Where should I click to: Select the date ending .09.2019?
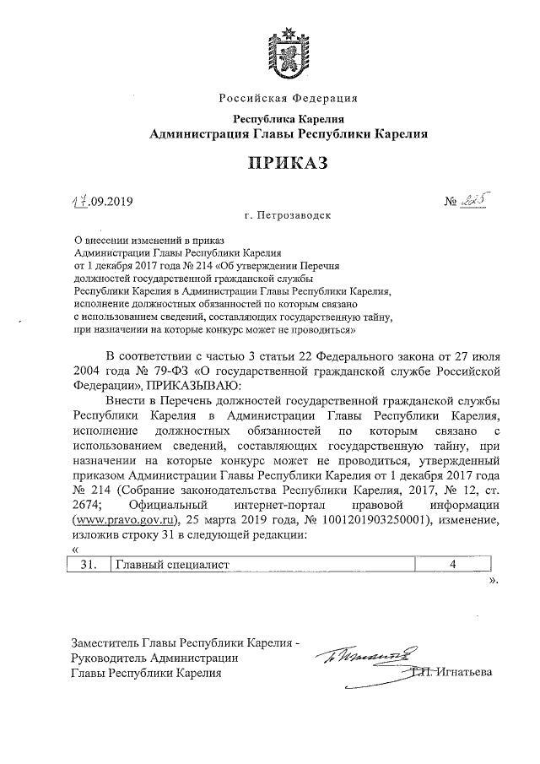click(x=102, y=201)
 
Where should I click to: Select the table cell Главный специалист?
click(x=172, y=565)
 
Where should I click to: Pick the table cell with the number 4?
click(x=453, y=565)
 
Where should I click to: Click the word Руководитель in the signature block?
click(x=111, y=657)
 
